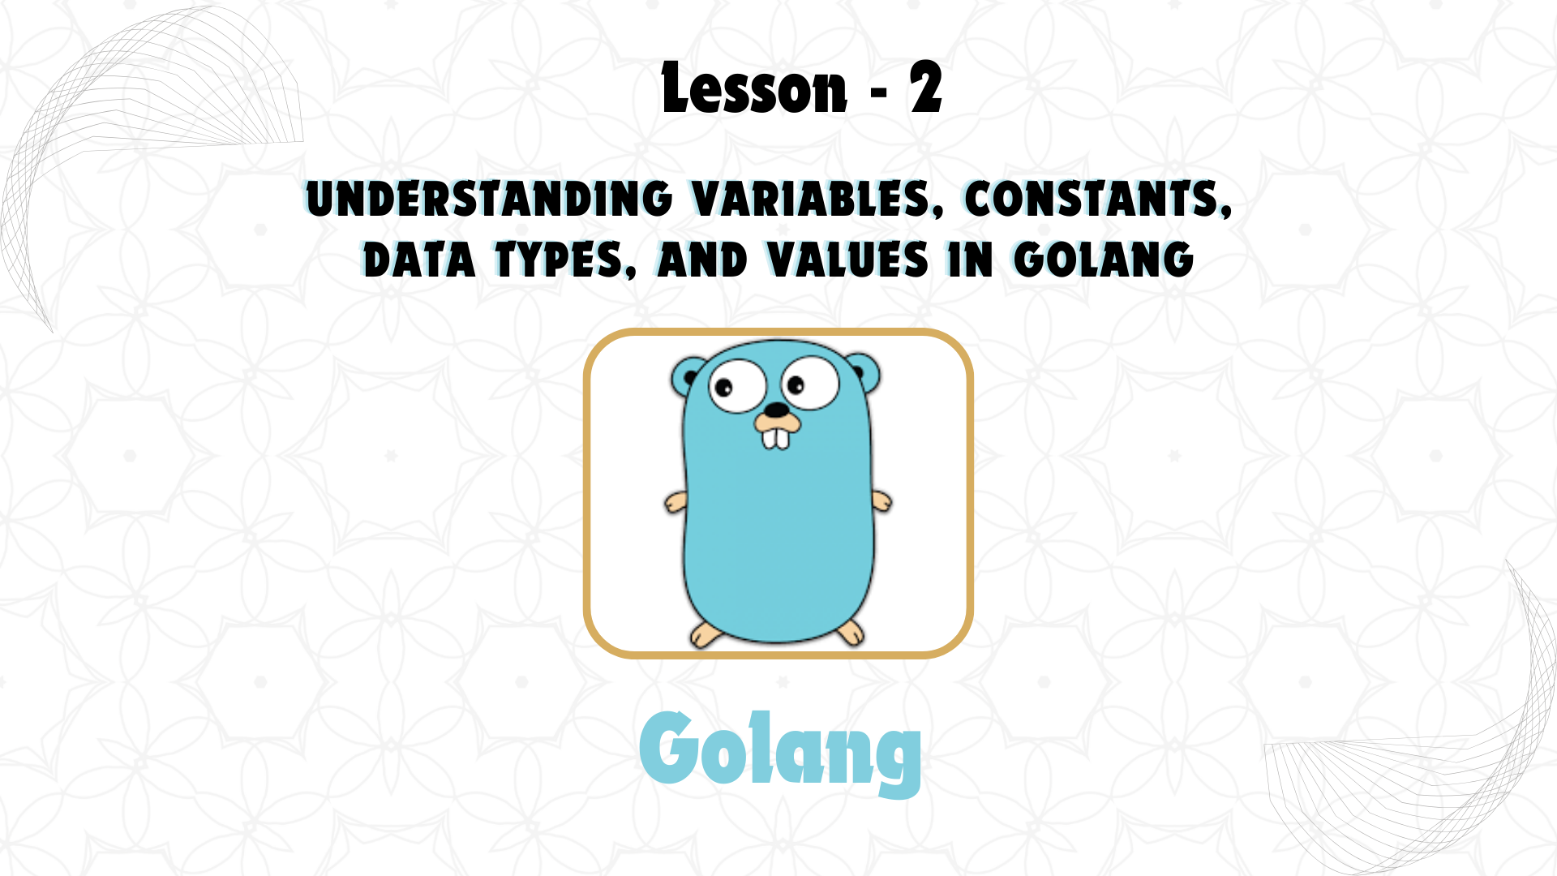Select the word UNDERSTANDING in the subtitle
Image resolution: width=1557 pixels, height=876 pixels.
[489, 200]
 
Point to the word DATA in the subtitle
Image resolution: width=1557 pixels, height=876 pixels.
[418, 260]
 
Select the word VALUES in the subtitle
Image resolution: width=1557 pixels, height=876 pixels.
[847, 260]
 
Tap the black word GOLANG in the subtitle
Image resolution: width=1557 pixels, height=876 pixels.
[1104, 260]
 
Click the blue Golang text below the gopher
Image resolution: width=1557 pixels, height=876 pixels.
[780, 752]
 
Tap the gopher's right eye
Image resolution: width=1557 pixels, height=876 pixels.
[809, 383]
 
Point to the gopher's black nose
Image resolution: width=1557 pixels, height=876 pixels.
[777, 410]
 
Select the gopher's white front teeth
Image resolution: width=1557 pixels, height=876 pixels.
[776, 438]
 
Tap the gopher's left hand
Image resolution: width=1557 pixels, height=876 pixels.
[676, 503]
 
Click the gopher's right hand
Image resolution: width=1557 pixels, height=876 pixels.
[881, 501]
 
